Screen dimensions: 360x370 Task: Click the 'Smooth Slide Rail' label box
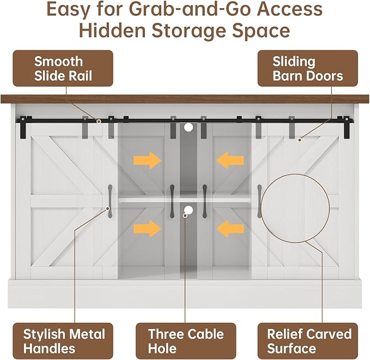[x=63, y=68]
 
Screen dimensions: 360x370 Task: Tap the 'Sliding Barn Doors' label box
[x=307, y=68]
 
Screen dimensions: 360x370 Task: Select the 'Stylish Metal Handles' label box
[x=64, y=340]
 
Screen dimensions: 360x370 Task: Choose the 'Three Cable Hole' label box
[x=185, y=340]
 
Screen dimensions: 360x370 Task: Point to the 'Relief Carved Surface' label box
[x=308, y=340]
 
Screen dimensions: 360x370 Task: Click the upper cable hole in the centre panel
[x=189, y=127]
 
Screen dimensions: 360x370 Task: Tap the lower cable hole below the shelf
[x=189, y=210]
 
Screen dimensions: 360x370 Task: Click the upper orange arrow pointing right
[x=147, y=160]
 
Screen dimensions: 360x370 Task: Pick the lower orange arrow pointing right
[x=147, y=228]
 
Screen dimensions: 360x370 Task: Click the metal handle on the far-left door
[x=110, y=196]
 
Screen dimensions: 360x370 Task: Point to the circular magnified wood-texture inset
[x=295, y=211]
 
